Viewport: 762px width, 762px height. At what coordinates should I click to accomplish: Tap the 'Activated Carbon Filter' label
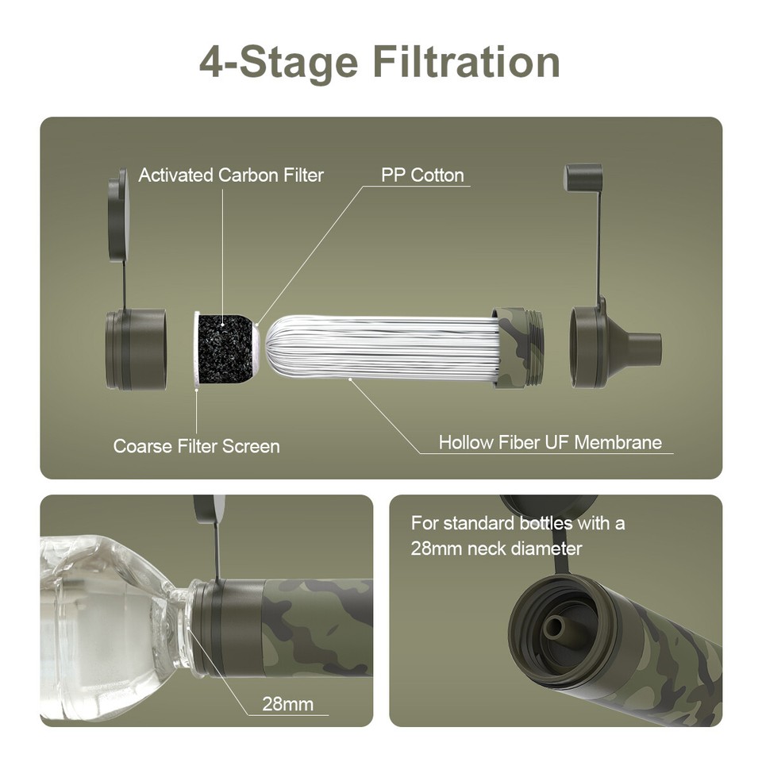[231, 175]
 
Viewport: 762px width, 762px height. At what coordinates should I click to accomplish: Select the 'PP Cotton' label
[422, 175]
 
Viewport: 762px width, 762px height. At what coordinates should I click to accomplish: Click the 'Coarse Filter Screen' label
[196, 446]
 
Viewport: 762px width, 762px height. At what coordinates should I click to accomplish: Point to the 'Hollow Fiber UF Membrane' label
[550, 442]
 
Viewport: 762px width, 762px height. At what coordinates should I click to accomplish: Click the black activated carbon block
[227, 349]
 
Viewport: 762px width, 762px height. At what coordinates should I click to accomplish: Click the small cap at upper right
[583, 176]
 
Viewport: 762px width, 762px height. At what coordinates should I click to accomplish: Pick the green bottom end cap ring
[136, 349]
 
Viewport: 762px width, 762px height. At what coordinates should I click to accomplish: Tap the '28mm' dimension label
[287, 703]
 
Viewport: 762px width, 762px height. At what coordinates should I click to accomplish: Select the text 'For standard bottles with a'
[518, 524]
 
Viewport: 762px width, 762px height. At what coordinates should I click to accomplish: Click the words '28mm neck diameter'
[496, 548]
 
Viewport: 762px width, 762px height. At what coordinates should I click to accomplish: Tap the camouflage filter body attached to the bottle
[317, 627]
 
